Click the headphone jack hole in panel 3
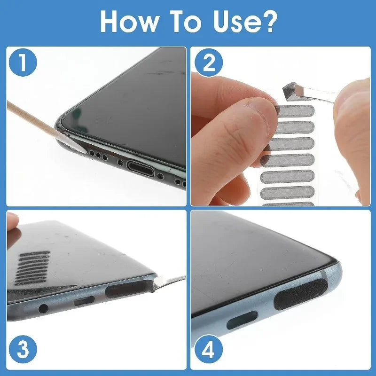43,308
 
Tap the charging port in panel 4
242,320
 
